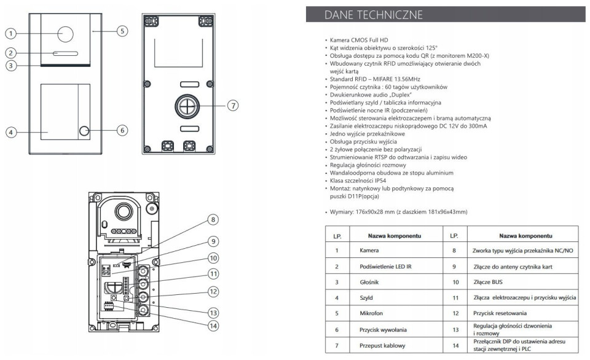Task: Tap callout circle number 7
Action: coord(232,106)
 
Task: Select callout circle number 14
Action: coord(212,325)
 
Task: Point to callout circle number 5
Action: coord(122,30)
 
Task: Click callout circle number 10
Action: coord(212,258)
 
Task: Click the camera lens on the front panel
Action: coord(66,35)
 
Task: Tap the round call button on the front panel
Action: coord(84,131)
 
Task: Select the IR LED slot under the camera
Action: coord(66,53)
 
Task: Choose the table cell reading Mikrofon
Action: coord(371,313)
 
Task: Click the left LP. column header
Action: coord(337,235)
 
